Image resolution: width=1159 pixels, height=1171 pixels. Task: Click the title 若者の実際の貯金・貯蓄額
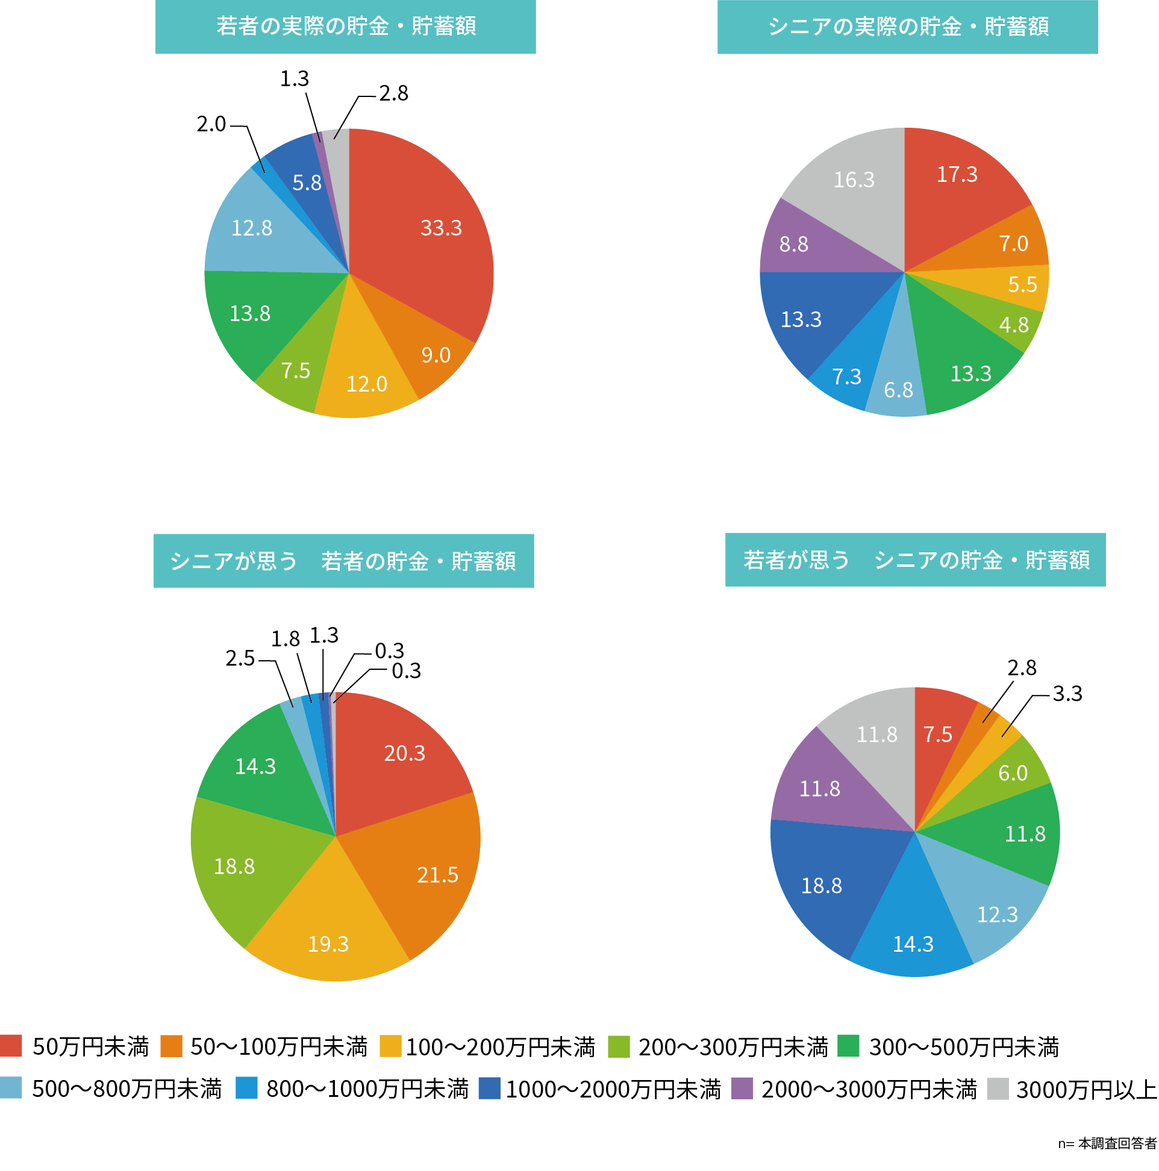pyautogui.click(x=346, y=27)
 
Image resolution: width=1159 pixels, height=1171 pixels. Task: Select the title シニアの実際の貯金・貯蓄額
pyautogui.click(x=907, y=27)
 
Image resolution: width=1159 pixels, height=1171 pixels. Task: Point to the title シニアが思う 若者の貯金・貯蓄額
pyautogui.click(x=344, y=561)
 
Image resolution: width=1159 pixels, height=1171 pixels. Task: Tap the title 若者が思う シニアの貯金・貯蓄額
pyautogui.click(x=915, y=560)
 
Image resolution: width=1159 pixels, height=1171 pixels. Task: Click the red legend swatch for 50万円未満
pyautogui.click(x=11, y=1046)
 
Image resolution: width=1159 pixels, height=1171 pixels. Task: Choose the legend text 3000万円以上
pyautogui.click(x=1086, y=1089)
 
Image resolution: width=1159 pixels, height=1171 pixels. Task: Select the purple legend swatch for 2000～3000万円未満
pyautogui.click(x=742, y=1088)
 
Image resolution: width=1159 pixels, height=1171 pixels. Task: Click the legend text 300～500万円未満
pyautogui.click(x=963, y=1047)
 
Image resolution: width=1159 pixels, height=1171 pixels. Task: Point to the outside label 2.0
pyautogui.click(x=211, y=124)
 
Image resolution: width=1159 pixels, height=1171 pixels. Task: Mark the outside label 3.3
pyautogui.click(x=1067, y=693)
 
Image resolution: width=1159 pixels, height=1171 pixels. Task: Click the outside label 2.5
pyautogui.click(x=240, y=658)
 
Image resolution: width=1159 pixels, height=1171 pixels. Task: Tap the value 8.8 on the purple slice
pyautogui.click(x=793, y=245)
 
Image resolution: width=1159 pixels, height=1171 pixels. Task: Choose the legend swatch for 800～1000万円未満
pyautogui.click(x=247, y=1088)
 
